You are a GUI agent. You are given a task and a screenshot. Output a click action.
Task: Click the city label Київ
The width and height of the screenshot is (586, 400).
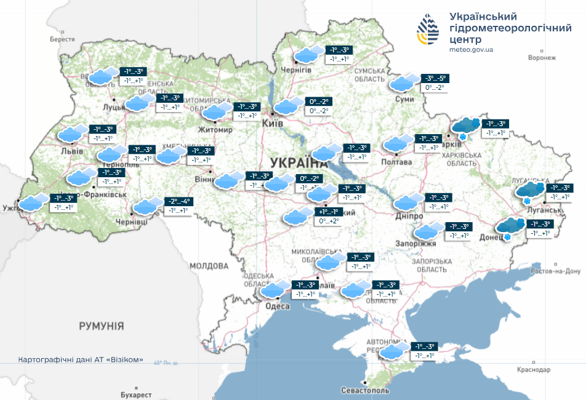tap(272, 124)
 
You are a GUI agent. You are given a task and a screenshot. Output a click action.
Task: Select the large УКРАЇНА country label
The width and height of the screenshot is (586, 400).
tap(298, 162)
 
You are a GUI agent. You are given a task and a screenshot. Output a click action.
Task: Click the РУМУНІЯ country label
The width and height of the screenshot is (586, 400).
tap(102, 326)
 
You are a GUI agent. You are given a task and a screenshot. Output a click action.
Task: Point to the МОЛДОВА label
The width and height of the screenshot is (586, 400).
tap(209, 266)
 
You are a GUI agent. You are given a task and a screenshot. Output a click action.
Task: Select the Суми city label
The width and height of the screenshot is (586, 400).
tap(404, 98)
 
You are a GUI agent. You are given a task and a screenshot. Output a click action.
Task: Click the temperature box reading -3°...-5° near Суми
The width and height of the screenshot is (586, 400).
tap(435, 79)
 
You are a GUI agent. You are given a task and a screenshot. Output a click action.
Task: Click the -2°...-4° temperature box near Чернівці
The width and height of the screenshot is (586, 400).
tap(179, 201)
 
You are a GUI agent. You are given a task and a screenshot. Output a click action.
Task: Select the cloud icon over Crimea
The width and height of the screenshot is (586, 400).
tap(394, 351)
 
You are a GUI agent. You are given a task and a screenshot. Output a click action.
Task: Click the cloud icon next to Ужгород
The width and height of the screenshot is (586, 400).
tap(33, 202)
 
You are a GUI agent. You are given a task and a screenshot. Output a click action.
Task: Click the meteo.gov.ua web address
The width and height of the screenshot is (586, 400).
tap(472, 49)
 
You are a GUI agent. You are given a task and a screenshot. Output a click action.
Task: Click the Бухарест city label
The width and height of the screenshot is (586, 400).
tap(136, 394)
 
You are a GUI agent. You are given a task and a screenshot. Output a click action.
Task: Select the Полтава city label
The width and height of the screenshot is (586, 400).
tap(398, 162)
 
